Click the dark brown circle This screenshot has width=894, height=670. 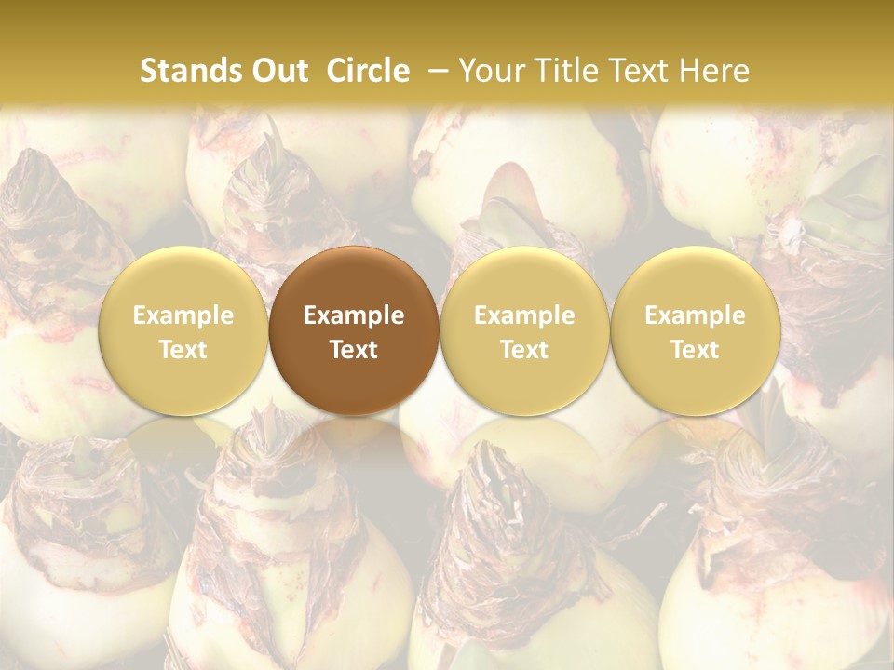tap(354, 330)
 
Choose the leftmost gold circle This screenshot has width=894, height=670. tap(183, 330)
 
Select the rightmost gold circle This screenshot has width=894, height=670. tap(695, 330)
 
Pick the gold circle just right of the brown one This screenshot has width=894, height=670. tap(524, 330)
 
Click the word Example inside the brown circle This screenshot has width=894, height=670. tap(354, 315)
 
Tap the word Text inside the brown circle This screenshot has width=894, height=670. tap(354, 350)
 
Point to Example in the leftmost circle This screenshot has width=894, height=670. tap(183, 315)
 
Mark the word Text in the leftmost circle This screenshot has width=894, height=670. tap(183, 350)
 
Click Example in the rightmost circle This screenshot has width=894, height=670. tap(695, 315)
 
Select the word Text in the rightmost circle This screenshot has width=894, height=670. tap(695, 350)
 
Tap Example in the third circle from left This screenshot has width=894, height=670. tap(524, 315)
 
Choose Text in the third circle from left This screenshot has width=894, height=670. tap(524, 350)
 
